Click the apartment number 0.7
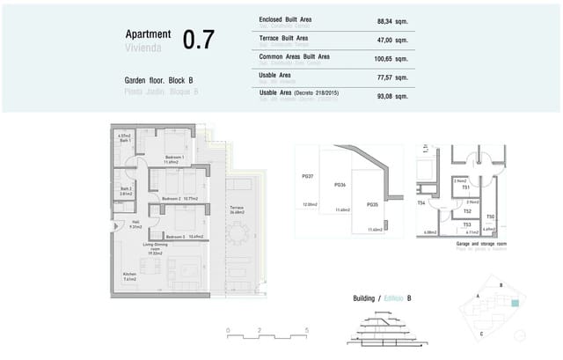click(198, 40)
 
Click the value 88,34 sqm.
click(392, 21)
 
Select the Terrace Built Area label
click(283, 38)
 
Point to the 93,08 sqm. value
click(392, 95)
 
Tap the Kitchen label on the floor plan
click(130, 276)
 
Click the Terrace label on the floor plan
click(238, 209)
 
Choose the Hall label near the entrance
click(135, 223)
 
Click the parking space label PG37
click(309, 176)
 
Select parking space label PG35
click(372, 204)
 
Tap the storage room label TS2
click(467, 211)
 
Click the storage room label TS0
click(491, 217)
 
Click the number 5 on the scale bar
click(306, 331)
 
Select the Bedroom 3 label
click(175, 237)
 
